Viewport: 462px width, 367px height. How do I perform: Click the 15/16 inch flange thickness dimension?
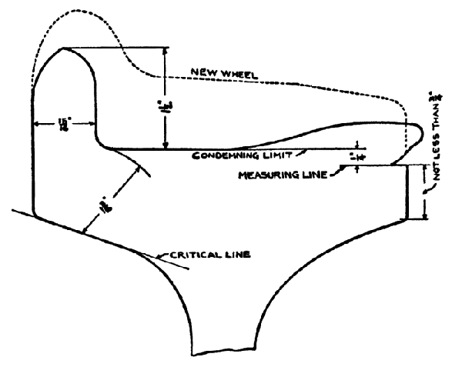click(x=64, y=123)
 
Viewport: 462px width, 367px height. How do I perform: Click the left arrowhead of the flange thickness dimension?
click(x=35, y=123)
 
